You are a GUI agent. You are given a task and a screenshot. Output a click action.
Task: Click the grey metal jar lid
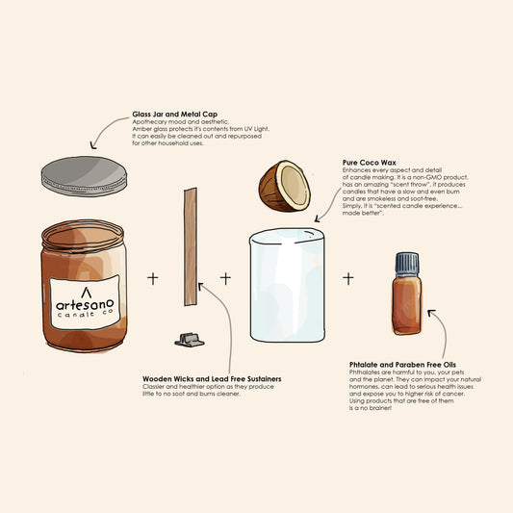pos(84,176)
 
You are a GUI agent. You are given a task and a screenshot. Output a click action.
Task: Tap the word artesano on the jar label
pos(85,305)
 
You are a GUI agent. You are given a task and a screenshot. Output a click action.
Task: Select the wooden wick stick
pos(191,246)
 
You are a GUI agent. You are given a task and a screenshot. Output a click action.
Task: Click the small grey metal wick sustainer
pos(190,340)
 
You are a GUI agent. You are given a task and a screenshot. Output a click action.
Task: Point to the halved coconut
pos(284,186)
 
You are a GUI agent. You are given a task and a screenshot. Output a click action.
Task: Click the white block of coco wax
pos(287,285)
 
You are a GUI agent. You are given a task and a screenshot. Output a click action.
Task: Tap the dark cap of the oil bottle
pos(407,263)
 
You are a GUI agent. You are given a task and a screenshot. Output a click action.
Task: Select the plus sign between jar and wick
pos(152,279)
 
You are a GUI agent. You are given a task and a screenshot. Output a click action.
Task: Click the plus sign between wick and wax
pos(225,279)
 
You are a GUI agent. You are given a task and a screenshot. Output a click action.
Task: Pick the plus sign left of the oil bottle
pos(348,279)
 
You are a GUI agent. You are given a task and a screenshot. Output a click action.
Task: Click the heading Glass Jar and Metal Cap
pos(175,115)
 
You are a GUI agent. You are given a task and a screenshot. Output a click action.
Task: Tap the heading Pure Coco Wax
pos(369,163)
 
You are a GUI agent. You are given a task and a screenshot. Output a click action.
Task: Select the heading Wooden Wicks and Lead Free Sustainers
pos(212,379)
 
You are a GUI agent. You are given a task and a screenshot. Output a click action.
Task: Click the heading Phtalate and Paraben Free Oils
pos(402,365)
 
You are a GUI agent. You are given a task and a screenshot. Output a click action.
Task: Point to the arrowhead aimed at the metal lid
pos(93,145)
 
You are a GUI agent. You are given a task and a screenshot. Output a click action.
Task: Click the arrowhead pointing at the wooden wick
pos(200,286)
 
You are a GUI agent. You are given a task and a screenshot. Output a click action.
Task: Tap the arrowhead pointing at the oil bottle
pos(431,312)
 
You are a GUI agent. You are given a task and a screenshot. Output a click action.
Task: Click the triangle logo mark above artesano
pos(86,293)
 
